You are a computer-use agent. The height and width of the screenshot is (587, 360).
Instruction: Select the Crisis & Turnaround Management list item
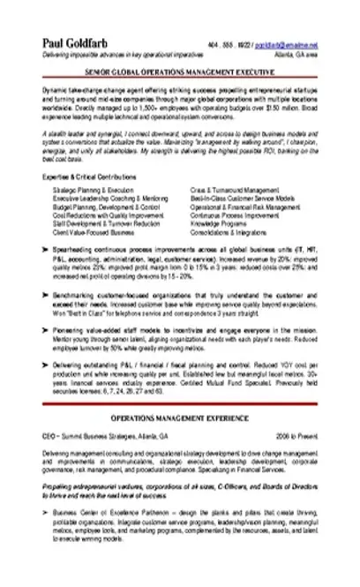(231, 190)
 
